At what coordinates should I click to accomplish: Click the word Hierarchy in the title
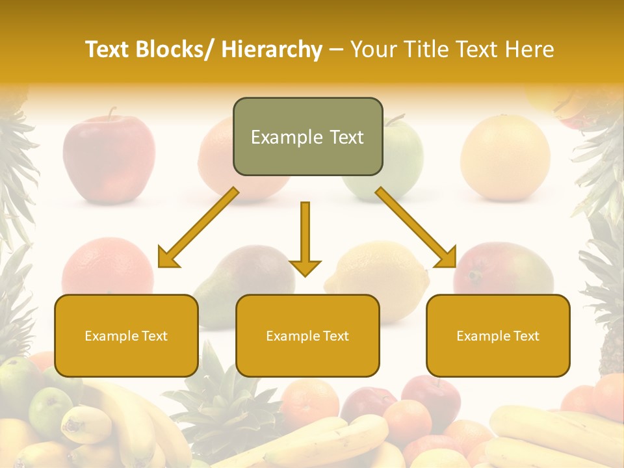click(x=272, y=49)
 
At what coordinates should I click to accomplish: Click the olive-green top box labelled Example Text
click(x=307, y=137)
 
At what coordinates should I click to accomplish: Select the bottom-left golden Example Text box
click(x=126, y=335)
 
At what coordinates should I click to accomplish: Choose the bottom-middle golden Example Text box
click(x=307, y=335)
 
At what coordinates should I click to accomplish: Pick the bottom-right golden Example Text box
click(x=498, y=335)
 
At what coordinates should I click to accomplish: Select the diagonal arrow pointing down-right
click(x=416, y=227)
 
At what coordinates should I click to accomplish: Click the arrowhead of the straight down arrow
click(x=305, y=267)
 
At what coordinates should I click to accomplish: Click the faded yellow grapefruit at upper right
click(x=505, y=157)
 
